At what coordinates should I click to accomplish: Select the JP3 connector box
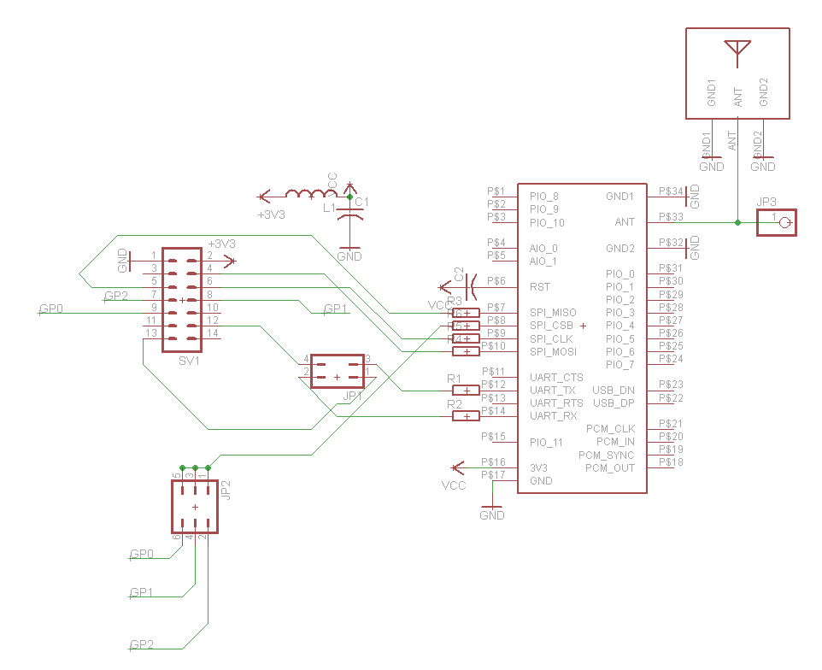coord(777,223)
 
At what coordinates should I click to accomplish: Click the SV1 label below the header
coord(189,361)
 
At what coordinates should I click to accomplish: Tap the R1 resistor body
coord(467,391)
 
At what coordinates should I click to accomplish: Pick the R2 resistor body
coord(467,416)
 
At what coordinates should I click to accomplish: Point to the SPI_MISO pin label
coord(553,313)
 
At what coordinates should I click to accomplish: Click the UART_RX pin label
coord(554,416)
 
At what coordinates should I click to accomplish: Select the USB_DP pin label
coord(614,403)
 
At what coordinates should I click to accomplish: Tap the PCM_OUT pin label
coord(609,468)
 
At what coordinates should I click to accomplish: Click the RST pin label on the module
coord(540,287)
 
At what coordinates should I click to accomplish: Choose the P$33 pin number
coord(672,217)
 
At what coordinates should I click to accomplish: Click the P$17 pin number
coord(494,475)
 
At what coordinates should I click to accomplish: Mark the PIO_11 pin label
coord(546,443)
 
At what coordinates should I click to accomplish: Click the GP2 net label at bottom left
coord(142,645)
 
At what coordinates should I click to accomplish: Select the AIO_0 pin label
coord(543,249)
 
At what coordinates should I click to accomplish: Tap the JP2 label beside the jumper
coord(226,489)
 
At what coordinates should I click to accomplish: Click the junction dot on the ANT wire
coord(737,222)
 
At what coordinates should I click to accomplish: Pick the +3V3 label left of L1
coord(271,215)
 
